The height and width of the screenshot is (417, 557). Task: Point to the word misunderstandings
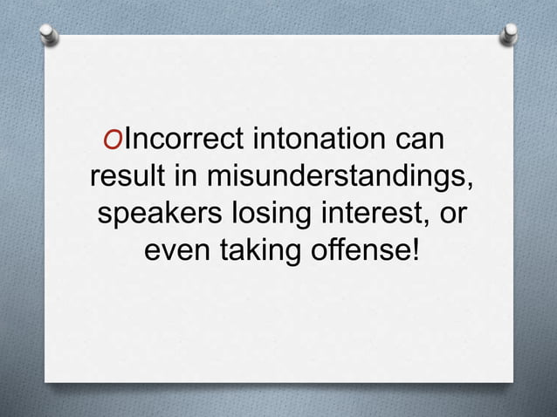click(x=340, y=177)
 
